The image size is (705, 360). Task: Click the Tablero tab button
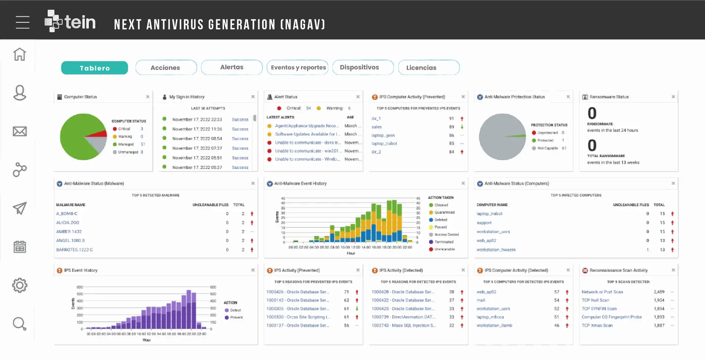tap(94, 68)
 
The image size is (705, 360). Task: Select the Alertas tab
tap(232, 67)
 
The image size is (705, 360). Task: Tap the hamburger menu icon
tap(22, 22)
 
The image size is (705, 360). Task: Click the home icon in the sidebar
tap(19, 54)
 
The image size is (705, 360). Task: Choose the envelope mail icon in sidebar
tap(19, 132)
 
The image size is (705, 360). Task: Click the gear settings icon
tap(19, 285)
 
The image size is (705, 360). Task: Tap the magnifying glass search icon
tap(19, 324)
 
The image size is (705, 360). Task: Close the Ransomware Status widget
tap(673, 97)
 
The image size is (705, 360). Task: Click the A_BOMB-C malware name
tap(67, 214)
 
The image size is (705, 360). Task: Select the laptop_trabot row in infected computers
tap(489, 214)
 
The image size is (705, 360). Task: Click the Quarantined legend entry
tap(444, 212)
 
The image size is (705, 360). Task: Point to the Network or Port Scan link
tap(602, 292)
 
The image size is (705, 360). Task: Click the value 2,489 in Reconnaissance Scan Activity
tap(659, 292)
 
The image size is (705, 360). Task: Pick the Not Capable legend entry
tap(547, 148)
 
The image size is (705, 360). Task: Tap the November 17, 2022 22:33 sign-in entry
tap(197, 120)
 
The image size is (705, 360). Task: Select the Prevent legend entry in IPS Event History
tap(236, 317)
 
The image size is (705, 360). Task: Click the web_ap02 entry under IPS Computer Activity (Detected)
tap(486, 292)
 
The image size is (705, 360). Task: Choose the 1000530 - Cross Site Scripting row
tap(298, 317)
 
